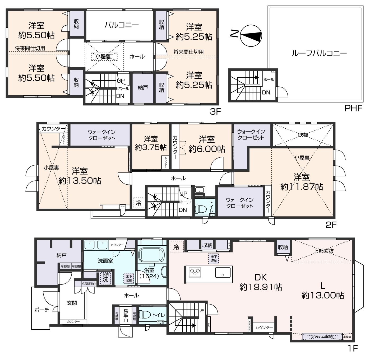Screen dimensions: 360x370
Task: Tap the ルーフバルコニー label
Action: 319,53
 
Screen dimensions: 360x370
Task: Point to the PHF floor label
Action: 353,108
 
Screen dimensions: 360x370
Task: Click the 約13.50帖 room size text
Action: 80,181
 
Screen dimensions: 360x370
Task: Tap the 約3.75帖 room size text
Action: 151,147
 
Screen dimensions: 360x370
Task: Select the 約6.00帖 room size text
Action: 207,149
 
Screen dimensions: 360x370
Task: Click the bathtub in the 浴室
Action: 151,254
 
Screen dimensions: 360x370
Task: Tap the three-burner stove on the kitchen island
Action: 195,272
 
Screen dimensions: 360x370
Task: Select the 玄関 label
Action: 72,303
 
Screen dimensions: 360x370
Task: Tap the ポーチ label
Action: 42,310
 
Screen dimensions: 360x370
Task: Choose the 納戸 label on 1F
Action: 61,255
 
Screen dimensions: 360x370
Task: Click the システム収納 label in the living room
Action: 322,336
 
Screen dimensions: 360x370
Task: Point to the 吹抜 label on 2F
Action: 303,135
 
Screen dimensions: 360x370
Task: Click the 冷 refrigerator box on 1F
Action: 176,247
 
